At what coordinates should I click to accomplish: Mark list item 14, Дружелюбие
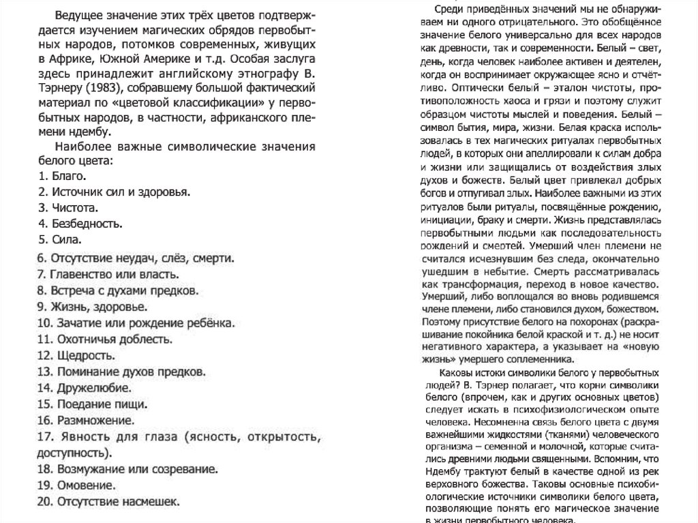pos(85,387)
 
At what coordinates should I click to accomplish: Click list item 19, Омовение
pos(77,485)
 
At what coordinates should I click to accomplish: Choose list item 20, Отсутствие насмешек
pos(108,502)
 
